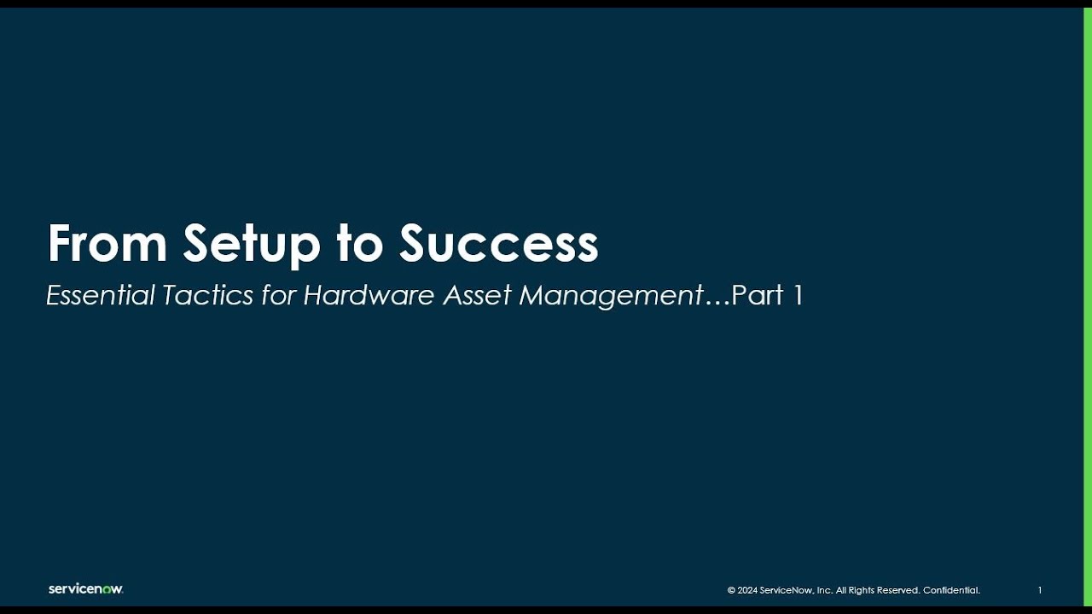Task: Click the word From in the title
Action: click(x=106, y=244)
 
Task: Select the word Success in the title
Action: click(x=499, y=244)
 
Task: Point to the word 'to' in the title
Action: click(x=360, y=245)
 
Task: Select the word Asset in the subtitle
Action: click(x=477, y=295)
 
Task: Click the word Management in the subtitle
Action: click(x=611, y=296)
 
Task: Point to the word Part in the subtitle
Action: click(x=758, y=295)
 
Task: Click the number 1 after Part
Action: click(x=799, y=295)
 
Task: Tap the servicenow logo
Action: click(x=85, y=589)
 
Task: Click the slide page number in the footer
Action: click(x=1040, y=590)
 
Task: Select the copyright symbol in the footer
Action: click(x=731, y=590)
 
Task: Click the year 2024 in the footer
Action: click(x=747, y=590)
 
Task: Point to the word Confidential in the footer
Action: click(x=951, y=590)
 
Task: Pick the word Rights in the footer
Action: click(x=867, y=590)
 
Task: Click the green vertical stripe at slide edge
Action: click(x=1088, y=307)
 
